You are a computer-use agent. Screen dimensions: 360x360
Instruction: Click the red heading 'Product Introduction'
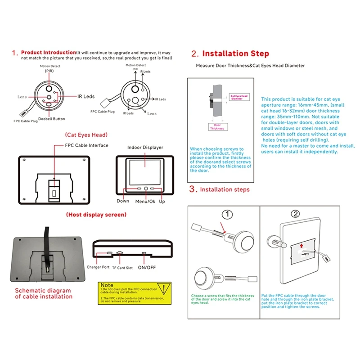coord(49,53)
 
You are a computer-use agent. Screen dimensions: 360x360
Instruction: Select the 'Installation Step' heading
coord(235,54)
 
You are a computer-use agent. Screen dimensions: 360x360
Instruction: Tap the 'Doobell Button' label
coord(52,119)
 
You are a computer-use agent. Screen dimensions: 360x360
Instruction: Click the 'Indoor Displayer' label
coord(145,148)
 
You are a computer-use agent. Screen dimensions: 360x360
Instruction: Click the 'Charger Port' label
coord(98,267)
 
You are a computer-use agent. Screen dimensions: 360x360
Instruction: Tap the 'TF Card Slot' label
coord(122,267)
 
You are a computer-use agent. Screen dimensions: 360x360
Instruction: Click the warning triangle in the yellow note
coord(166,288)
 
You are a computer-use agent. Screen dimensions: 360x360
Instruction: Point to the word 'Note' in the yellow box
coord(107,285)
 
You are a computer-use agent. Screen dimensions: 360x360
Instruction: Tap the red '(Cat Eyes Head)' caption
coord(86,135)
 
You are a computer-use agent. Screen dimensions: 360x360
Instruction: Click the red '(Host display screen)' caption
coord(96,215)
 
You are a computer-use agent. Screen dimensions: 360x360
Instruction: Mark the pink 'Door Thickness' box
coord(217,126)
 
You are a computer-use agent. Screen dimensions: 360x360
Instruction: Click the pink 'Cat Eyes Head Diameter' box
coord(239,97)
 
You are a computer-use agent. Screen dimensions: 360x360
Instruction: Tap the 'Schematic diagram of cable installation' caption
coord(44,293)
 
